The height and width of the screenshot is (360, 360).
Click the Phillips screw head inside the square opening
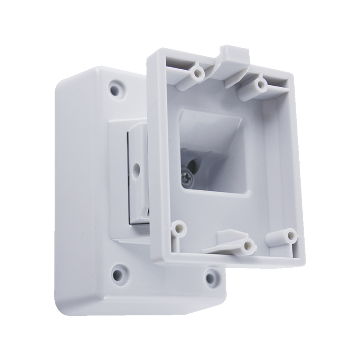pyautogui.click(x=187, y=179)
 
